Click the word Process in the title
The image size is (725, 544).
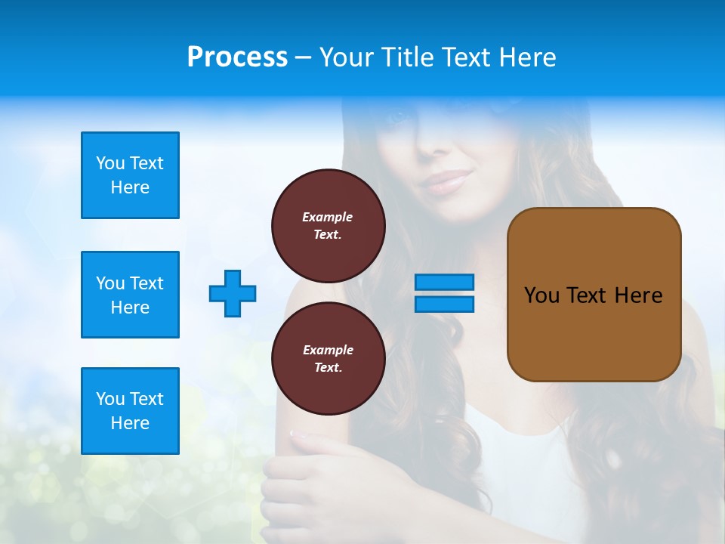(x=237, y=57)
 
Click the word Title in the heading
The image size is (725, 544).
(x=403, y=57)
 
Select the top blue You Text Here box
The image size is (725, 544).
(x=130, y=175)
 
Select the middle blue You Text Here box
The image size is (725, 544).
(x=130, y=295)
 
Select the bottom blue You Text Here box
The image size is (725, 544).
(x=130, y=411)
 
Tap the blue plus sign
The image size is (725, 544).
(x=233, y=293)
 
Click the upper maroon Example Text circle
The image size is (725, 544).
(x=328, y=226)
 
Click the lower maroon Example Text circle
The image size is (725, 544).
(x=328, y=359)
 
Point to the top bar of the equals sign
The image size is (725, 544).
(x=444, y=282)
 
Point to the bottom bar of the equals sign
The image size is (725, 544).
(x=444, y=304)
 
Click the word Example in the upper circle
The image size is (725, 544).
(x=328, y=217)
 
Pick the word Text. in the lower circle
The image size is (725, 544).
(x=328, y=368)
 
